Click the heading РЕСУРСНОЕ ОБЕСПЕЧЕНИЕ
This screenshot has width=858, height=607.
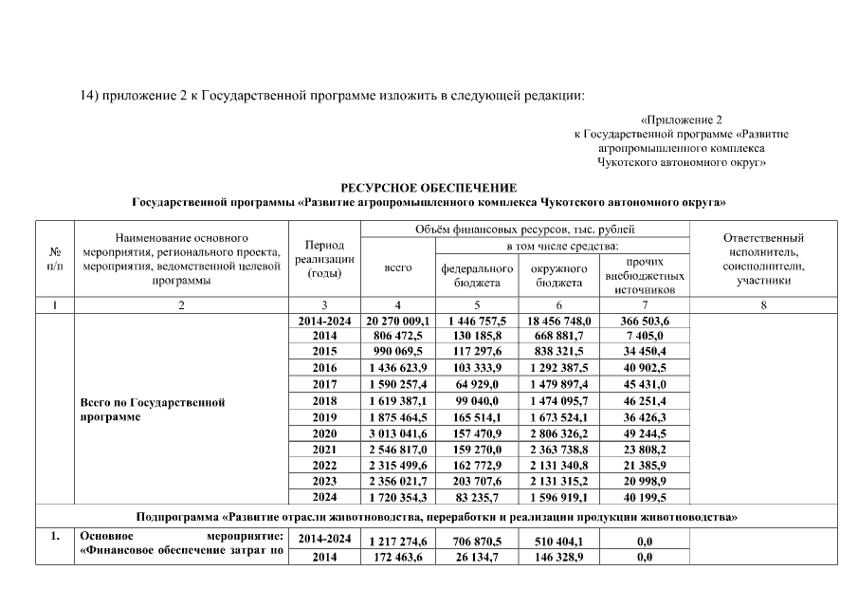point(429,188)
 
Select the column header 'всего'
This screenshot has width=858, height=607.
point(398,268)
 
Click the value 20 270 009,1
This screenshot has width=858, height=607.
point(398,322)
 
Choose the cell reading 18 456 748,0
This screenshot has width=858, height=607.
point(557,322)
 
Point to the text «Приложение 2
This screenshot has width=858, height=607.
point(681,120)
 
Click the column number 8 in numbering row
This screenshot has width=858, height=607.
point(762,305)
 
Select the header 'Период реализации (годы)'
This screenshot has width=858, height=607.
point(324,259)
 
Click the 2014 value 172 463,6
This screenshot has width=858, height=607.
point(398,557)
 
